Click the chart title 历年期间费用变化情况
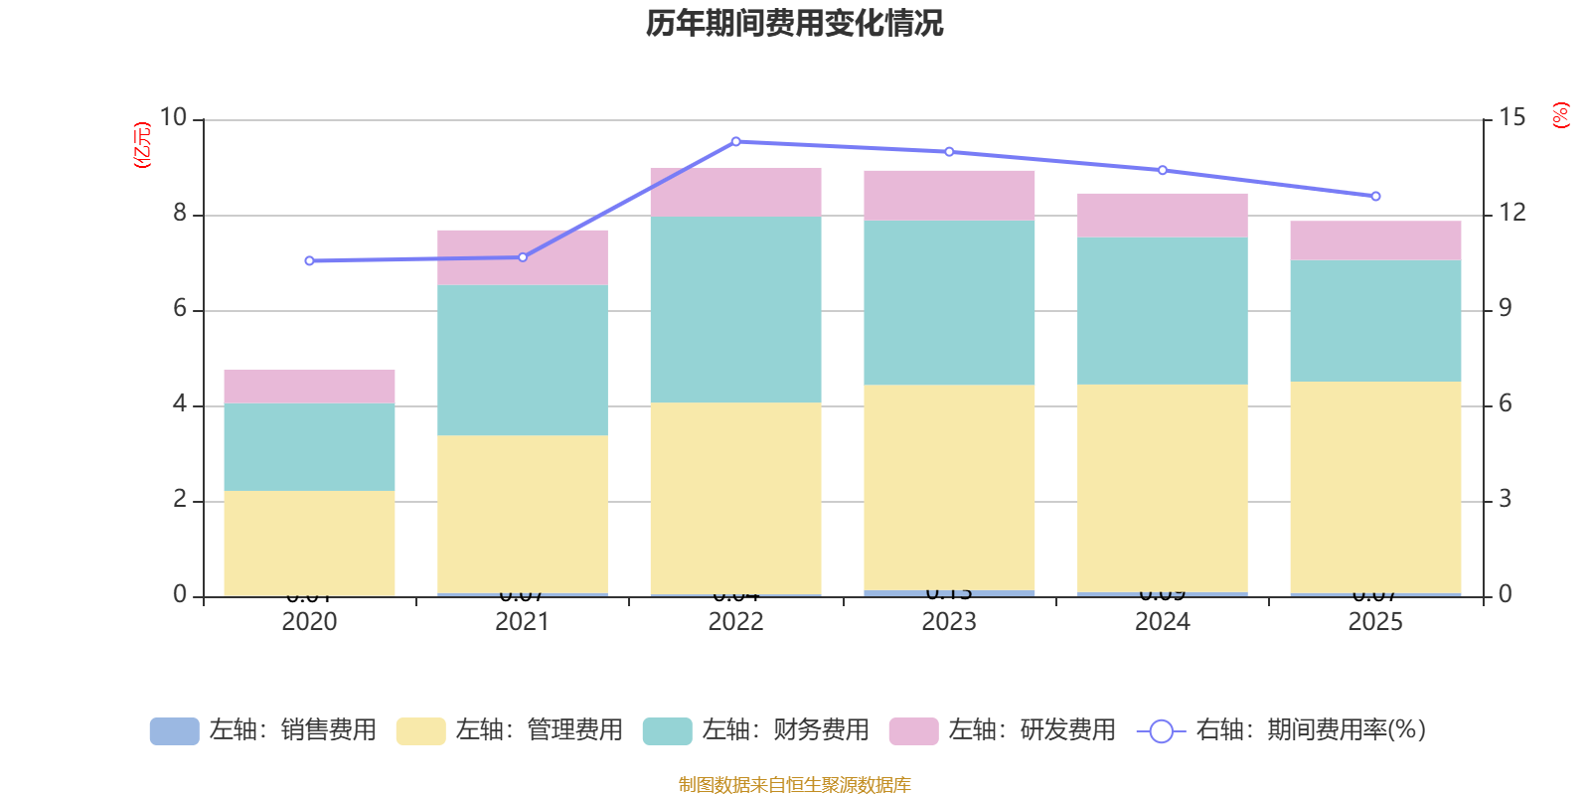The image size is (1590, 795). tap(794, 23)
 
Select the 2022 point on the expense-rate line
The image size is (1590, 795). tap(736, 141)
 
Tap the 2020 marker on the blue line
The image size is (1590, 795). tap(309, 260)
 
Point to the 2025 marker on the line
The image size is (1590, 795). tap(1375, 196)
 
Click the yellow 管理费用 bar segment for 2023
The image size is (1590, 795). tap(949, 487)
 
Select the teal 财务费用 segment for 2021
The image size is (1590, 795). tap(523, 360)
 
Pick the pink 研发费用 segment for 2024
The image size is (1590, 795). tap(1163, 215)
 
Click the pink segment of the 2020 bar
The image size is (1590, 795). tap(309, 386)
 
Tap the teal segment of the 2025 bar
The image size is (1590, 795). tap(1375, 320)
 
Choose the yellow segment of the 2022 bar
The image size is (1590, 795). tap(736, 497)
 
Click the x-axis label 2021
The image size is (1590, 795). tap(523, 622)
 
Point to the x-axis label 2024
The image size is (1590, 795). tap(1163, 622)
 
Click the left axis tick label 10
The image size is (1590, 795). tap(174, 117)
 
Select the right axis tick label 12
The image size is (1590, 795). tap(1512, 213)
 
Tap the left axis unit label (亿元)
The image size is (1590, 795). tap(142, 145)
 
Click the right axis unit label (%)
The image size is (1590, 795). tap(1560, 115)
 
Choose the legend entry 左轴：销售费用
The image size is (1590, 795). tap(263, 730)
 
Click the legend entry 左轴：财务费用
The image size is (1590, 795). tap(756, 730)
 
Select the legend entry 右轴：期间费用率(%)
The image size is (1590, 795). tap(1282, 730)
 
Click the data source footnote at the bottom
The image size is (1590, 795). tap(794, 785)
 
